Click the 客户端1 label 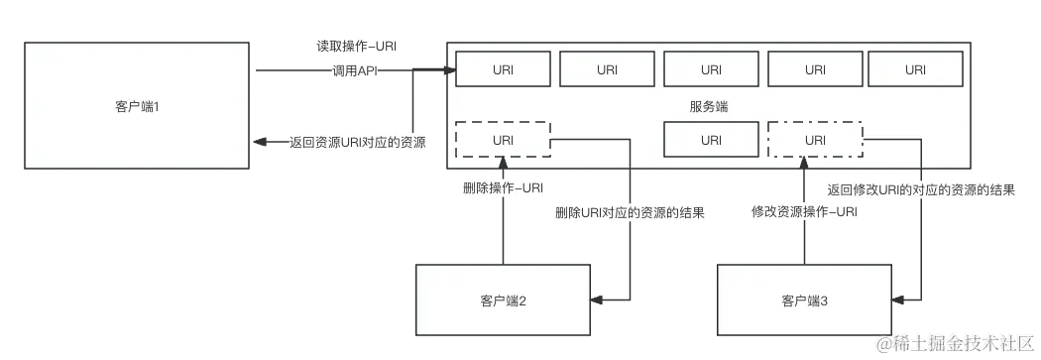[x=137, y=106]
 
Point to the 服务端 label [x=708, y=106]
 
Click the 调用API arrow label [x=355, y=70]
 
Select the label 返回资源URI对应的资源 [x=356, y=142]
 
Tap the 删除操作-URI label [x=504, y=186]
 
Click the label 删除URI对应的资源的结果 [x=630, y=211]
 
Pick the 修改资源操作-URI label [x=803, y=211]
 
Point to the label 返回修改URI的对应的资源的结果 [x=920, y=188]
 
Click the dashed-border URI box [x=503, y=140]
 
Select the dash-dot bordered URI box [x=815, y=140]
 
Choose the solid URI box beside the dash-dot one [x=711, y=140]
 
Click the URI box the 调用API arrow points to [x=503, y=69]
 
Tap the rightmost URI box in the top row [x=915, y=69]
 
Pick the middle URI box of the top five [x=711, y=69]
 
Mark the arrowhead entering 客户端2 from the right [x=593, y=296]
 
